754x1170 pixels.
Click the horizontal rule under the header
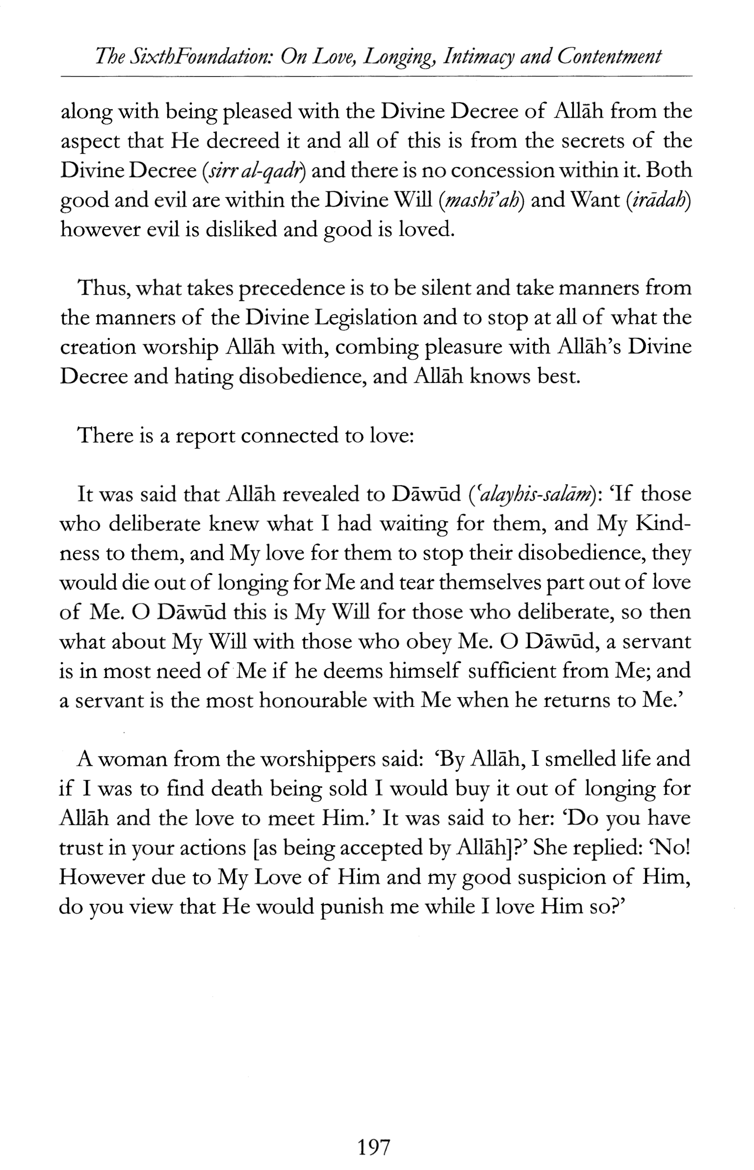point(376,77)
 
